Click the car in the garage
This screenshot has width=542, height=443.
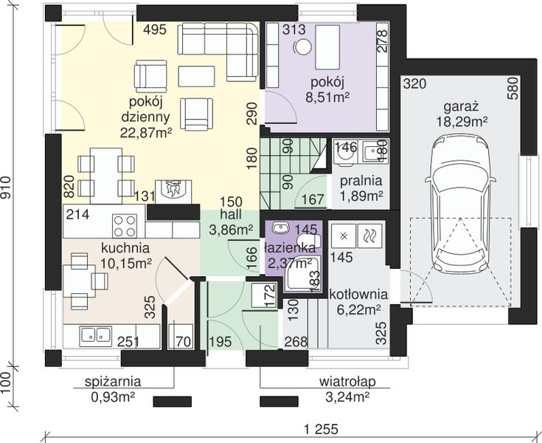coord(460,205)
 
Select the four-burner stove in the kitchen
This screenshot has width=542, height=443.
coord(125,225)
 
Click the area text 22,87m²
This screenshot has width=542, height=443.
coord(146,132)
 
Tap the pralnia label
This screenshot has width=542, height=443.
coord(361,181)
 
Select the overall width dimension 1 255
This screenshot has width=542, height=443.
coord(321,430)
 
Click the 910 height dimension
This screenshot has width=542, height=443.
coord(6,188)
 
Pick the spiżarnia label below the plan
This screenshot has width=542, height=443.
coord(113,382)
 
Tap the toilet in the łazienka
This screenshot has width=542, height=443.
coord(309,239)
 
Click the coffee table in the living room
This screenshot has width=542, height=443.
coord(197,76)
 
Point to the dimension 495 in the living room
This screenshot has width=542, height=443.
coord(155,30)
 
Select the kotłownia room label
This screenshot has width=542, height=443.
coord(358,295)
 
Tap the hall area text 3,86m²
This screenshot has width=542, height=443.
coord(231,230)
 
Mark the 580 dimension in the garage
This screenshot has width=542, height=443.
coord(515,89)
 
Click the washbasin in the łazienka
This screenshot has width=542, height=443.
coord(281,227)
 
